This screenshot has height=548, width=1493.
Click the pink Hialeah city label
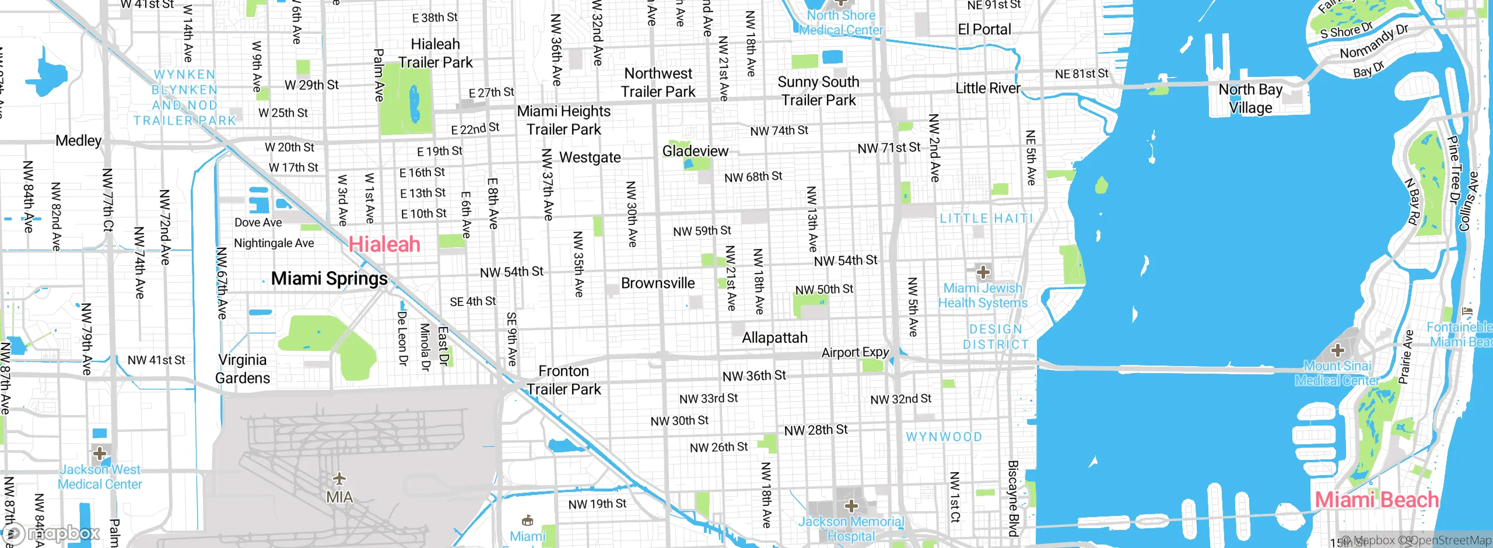[x=384, y=244]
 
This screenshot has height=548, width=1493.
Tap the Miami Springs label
[x=330, y=279]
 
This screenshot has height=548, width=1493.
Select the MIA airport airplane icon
[x=339, y=479]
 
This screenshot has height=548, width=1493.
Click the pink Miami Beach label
[x=1376, y=500]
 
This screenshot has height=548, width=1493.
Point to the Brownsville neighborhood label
[x=658, y=283]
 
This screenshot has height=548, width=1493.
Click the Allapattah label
[x=774, y=338]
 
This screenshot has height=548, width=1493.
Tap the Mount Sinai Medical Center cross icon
[x=1337, y=350]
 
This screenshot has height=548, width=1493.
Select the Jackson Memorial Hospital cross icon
[x=851, y=505]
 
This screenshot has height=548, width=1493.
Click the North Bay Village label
[x=1250, y=99]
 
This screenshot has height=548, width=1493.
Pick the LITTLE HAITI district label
[x=986, y=219]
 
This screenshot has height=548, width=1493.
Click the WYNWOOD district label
[x=944, y=437]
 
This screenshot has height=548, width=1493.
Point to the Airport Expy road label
[x=855, y=352]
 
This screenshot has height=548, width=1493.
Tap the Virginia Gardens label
[x=243, y=368]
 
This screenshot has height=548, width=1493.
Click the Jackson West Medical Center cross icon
[x=100, y=453]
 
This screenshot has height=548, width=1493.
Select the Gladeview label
[x=695, y=151]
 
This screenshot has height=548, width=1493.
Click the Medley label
[x=78, y=140]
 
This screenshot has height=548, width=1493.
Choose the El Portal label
[x=984, y=29]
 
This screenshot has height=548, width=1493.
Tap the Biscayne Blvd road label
[x=1014, y=498]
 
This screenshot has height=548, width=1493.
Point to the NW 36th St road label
[x=754, y=376]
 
